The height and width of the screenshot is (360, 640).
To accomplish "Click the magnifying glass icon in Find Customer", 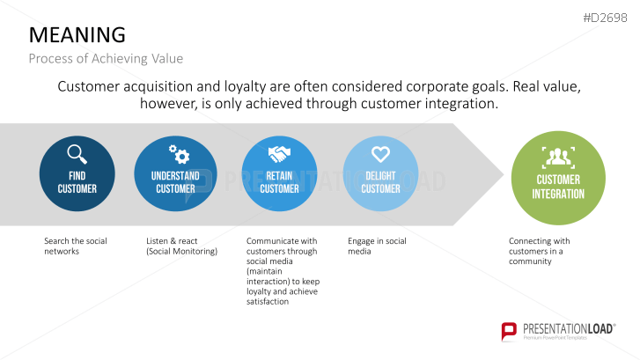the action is tap(77, 154).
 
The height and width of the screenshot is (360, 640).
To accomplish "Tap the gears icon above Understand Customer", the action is tap(180, 154).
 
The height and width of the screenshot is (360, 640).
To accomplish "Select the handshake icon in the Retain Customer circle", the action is tap(279, 154).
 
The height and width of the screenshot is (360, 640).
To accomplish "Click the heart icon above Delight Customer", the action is tap(380, 154).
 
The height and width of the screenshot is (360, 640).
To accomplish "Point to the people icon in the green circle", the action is tap(558, 158).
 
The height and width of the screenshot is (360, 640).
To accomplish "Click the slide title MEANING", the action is tap(77, 34).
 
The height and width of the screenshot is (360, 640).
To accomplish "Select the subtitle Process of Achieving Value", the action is tap(106, 58).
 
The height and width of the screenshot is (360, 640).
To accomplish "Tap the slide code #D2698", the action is tap(605, 18).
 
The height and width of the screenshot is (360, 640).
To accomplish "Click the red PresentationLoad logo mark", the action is tap(509, 331).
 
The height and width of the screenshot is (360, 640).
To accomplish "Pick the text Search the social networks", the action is tap(76, 246).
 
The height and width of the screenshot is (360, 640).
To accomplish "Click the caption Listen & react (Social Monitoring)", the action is tap(181, 246).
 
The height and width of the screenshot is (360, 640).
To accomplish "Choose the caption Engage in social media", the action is tap(377, 246).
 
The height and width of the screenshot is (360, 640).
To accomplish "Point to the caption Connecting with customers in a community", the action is tap(539, 251).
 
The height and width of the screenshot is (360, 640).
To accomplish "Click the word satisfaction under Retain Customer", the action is tap(268, 302).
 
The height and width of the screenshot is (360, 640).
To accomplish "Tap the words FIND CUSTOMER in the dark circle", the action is tap(77, 182).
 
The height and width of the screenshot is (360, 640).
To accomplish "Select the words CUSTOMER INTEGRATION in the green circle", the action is tap(558, 187).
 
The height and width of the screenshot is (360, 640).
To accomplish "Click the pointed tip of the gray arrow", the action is tap(504, 174).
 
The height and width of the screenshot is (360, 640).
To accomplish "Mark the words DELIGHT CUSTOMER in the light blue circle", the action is tap(380, 182).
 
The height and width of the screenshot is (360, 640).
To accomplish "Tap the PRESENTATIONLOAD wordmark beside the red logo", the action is tap(569, 329).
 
